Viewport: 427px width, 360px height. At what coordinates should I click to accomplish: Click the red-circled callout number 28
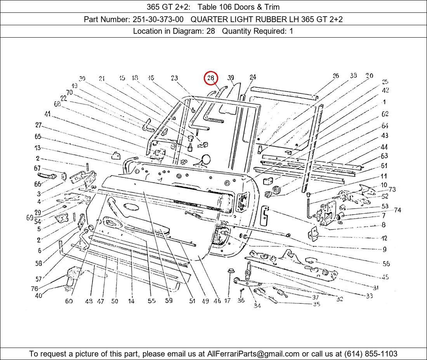pyautogui.click(x=211, y=78)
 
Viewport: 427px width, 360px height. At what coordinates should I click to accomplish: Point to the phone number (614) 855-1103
pyautogui.click(x=371, y=353)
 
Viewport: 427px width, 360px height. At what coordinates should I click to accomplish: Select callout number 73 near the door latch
pyautogui.click(x=392, y=189)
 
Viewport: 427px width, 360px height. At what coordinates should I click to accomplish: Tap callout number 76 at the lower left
pyautogui.click(x=35, y=289)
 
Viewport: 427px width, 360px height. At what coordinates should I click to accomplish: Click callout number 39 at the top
pyautogui.click(x=231, y=78)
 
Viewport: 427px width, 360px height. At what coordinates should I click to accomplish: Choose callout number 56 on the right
pyautogui.click(x=386, y=264)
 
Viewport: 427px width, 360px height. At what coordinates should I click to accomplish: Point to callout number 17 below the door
pyautogui.click(x=227, y=300)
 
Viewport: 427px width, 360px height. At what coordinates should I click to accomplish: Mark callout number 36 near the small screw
pyautogui.click(x=241, y=300)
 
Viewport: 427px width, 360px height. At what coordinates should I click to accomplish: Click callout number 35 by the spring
pyautogui.click(x=316, y=304)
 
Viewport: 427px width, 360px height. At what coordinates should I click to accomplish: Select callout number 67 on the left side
pyautogui.click(x=37, y=168)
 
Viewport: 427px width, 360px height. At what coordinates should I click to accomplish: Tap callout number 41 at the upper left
pyautogui.click(x=47, y=114)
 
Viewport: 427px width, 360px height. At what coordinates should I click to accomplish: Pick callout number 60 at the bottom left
pyautogui.click(x=69, y=301)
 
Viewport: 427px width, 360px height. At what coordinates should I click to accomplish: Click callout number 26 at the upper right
pyautogui.click(x=336, y=76)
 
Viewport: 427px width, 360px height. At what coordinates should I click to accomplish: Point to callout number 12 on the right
pyautogui.click(x=384, y=238)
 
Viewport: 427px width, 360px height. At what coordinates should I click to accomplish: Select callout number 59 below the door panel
pyautogui.click(x=168, y=300)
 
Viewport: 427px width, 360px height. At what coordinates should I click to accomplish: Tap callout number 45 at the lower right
pyautogui.click(x=385, y=277)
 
